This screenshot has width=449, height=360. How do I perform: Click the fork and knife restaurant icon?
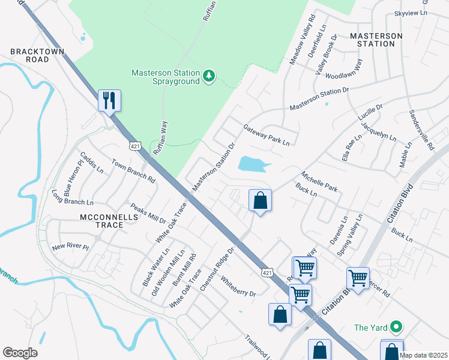click(x=109, y=100)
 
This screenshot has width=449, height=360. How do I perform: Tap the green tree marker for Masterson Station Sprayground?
click(x=209, y=76)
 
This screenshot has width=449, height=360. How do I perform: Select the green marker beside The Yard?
click(x=396, y=327)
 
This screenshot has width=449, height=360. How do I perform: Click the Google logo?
click(x=20, y=353)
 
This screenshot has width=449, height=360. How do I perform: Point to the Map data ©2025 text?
click(x=423, y=355)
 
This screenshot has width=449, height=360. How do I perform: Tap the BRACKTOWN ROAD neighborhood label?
click(x=29, y=56)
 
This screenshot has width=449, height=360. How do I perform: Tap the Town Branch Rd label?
click(x=133, y=171)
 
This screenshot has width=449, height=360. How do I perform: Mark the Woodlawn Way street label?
click(x=344, y=72)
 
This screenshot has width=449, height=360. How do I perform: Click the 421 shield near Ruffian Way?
click(x=135, y=146)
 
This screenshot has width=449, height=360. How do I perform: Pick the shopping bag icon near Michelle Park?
click(x=260, y=200)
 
